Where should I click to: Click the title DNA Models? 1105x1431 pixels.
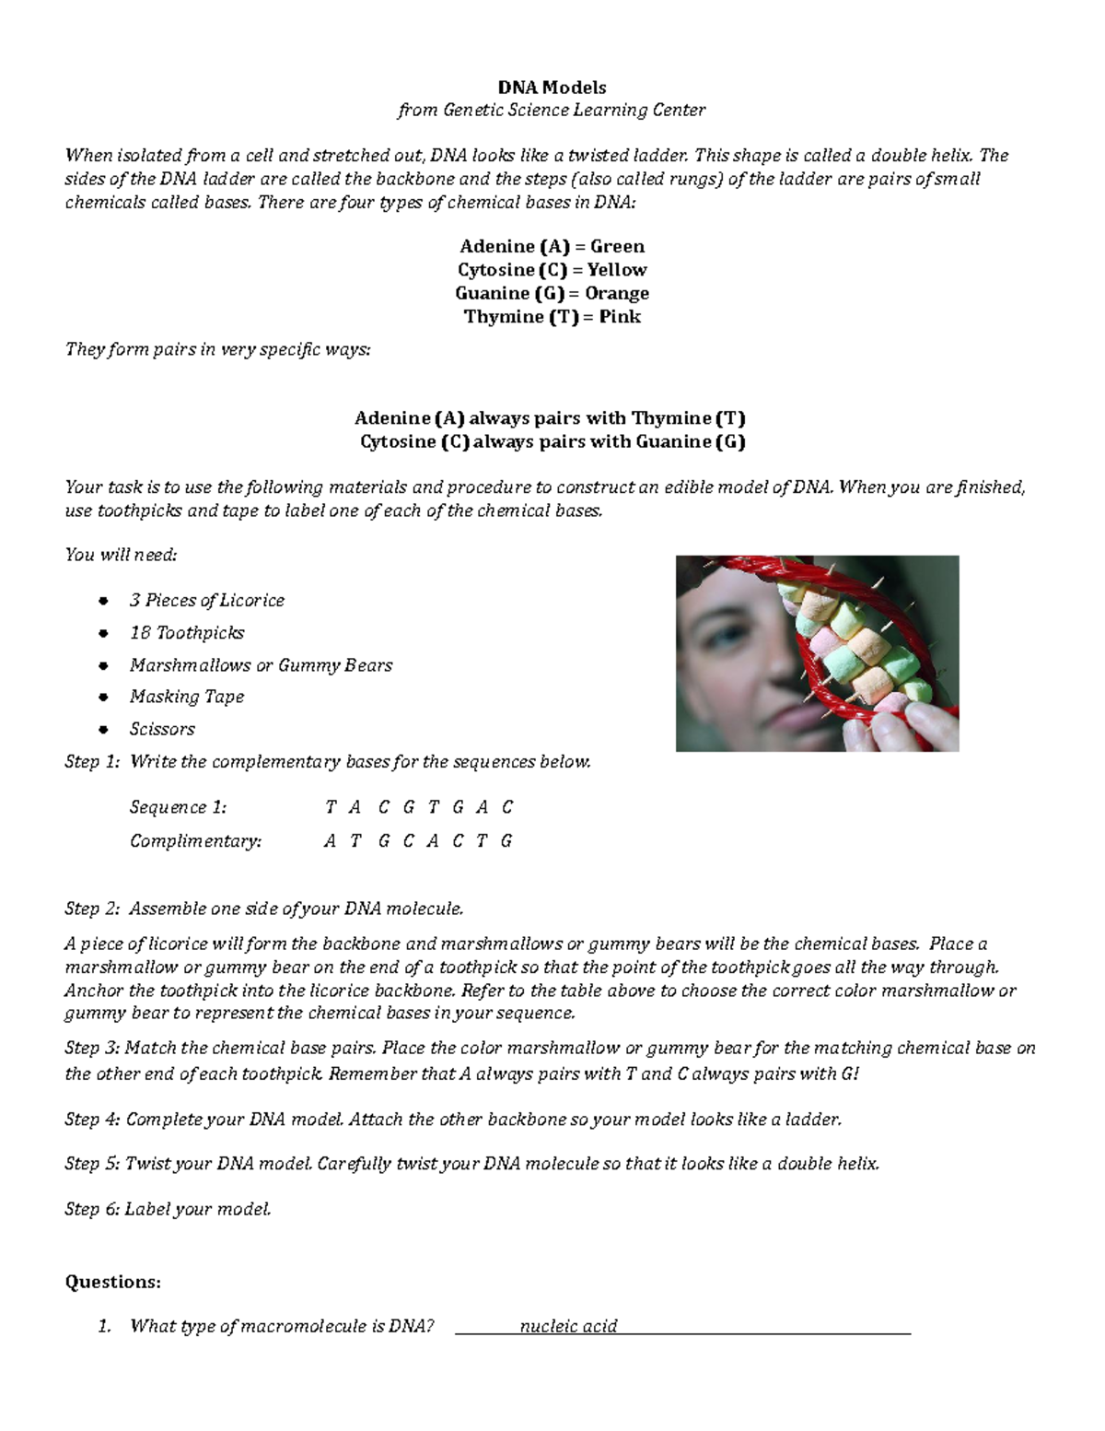pos(552,88)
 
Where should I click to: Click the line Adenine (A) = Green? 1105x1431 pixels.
pos(552,246)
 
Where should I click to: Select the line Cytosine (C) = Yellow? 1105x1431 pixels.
pos(552,270)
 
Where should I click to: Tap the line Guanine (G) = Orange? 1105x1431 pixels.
pos(552,293)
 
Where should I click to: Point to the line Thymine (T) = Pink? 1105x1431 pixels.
pos(552,317)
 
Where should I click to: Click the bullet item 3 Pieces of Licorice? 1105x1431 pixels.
pos(206,601)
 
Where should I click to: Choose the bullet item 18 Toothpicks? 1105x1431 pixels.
pos(186,633)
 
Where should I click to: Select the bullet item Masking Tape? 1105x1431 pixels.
pos(186,697)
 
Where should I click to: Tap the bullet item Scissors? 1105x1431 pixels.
pos(162,729)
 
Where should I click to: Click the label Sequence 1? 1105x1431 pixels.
pos(178,807)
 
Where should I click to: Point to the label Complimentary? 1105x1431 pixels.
pos(195,841)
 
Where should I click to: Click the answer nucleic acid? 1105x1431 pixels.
pos(568,1326)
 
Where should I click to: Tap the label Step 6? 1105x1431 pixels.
pos(92,1209)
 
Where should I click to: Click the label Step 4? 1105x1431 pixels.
pos(92,1120)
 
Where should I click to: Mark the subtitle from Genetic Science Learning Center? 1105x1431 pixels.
pos(552,111)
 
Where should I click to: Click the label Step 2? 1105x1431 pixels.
pos(92,909)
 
